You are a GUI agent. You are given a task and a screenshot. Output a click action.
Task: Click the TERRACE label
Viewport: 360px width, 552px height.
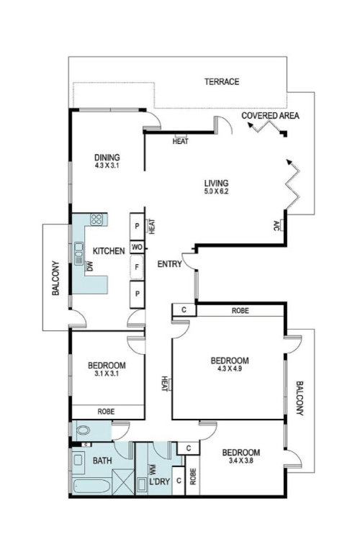[x=221, y=82]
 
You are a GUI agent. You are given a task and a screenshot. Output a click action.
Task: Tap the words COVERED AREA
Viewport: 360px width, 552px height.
[x=270, y=115]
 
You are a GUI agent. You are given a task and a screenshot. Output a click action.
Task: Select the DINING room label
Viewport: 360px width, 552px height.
[x=107, y=158]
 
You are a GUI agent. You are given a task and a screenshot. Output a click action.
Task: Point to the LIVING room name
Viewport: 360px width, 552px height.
[x=215, y=182]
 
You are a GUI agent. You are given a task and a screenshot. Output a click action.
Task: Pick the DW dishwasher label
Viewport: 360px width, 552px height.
[x=90, y=267]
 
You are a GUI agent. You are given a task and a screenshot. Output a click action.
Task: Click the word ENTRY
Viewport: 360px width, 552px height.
[x=169, y=265]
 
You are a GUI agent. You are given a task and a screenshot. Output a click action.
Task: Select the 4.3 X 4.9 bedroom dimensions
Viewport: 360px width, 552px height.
[x=229, y=370]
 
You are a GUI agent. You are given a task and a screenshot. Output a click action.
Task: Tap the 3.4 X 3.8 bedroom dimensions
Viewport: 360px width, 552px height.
[x=241, y=462]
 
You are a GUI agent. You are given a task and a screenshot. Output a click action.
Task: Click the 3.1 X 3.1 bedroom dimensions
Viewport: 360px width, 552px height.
[x=107, y=374]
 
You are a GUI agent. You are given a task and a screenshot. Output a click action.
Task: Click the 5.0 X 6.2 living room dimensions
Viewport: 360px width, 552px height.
[x=215, y=192]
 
